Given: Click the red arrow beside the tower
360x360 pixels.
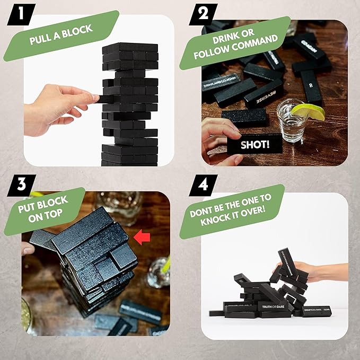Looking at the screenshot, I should [x=141, y=238].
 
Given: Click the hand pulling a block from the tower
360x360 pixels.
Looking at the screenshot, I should [x=58, y=106].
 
